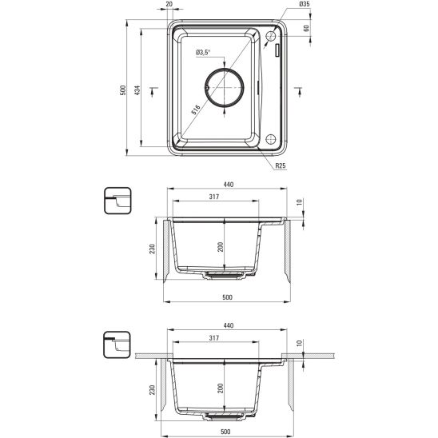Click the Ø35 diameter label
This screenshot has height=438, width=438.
point(305,4)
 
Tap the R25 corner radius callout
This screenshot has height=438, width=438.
point(281,165)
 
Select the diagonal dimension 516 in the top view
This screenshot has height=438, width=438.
point(196,109)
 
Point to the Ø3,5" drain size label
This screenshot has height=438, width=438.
point(203,52)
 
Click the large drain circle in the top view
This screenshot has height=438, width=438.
point(225,69)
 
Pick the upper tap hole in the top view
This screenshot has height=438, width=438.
point(270,36)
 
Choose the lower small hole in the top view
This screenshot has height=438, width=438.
point(271,139)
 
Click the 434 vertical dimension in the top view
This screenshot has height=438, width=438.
point(137,90)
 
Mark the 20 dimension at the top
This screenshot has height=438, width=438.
point(169,4)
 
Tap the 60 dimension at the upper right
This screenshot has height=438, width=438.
point(306,28)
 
